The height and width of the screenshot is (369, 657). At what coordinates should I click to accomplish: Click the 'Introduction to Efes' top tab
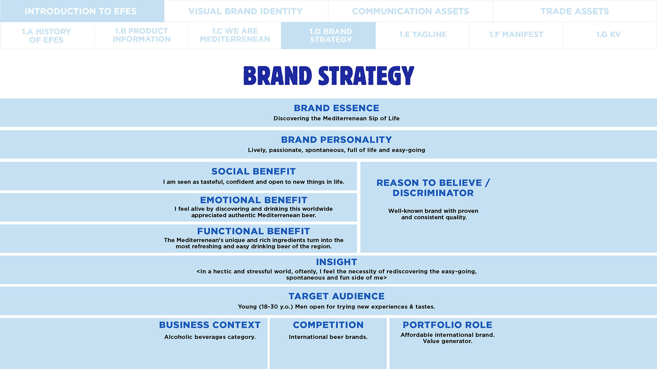coord(81,11)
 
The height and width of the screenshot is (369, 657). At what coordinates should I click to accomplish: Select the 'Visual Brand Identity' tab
coord(245,11)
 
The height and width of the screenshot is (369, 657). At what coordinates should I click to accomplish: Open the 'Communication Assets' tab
coord(410,11)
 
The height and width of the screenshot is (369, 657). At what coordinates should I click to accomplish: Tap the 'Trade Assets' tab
coord(575,11)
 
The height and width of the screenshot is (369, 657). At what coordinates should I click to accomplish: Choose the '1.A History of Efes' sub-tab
coord(47,36)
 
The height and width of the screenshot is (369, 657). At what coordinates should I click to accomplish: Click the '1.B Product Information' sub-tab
coord(141,35)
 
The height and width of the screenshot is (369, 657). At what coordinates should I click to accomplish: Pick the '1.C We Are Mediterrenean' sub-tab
coord(235,35)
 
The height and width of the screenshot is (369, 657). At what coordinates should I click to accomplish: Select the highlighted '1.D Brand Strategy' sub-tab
coord(331,36)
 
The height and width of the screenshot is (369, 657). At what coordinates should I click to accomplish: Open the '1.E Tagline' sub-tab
coord(423,35)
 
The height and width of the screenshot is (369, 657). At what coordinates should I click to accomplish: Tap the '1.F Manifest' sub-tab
coord(516,35)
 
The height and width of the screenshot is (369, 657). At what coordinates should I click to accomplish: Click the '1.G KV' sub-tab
coord(608,35)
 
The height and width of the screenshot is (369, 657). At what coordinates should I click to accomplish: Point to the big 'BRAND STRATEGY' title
coord(328,76)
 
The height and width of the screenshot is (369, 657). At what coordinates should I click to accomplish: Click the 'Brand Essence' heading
coord(336,108)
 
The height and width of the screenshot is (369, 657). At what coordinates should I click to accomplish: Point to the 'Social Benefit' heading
coord(253,172)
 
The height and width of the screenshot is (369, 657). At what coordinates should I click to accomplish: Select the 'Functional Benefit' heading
coord(253,231)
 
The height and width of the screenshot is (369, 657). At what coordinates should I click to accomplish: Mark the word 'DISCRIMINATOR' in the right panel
coord(433,193)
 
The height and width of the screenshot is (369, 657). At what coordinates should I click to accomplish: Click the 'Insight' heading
coord(336,262)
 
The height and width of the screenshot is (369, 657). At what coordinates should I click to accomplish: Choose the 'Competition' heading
coord(328,325)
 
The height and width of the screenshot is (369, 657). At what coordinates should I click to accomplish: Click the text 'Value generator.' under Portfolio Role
coord(447,341)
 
